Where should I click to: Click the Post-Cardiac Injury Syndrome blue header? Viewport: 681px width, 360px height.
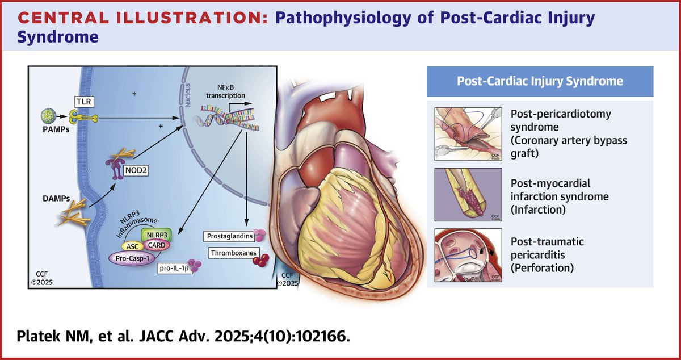[x=540, y=81]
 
